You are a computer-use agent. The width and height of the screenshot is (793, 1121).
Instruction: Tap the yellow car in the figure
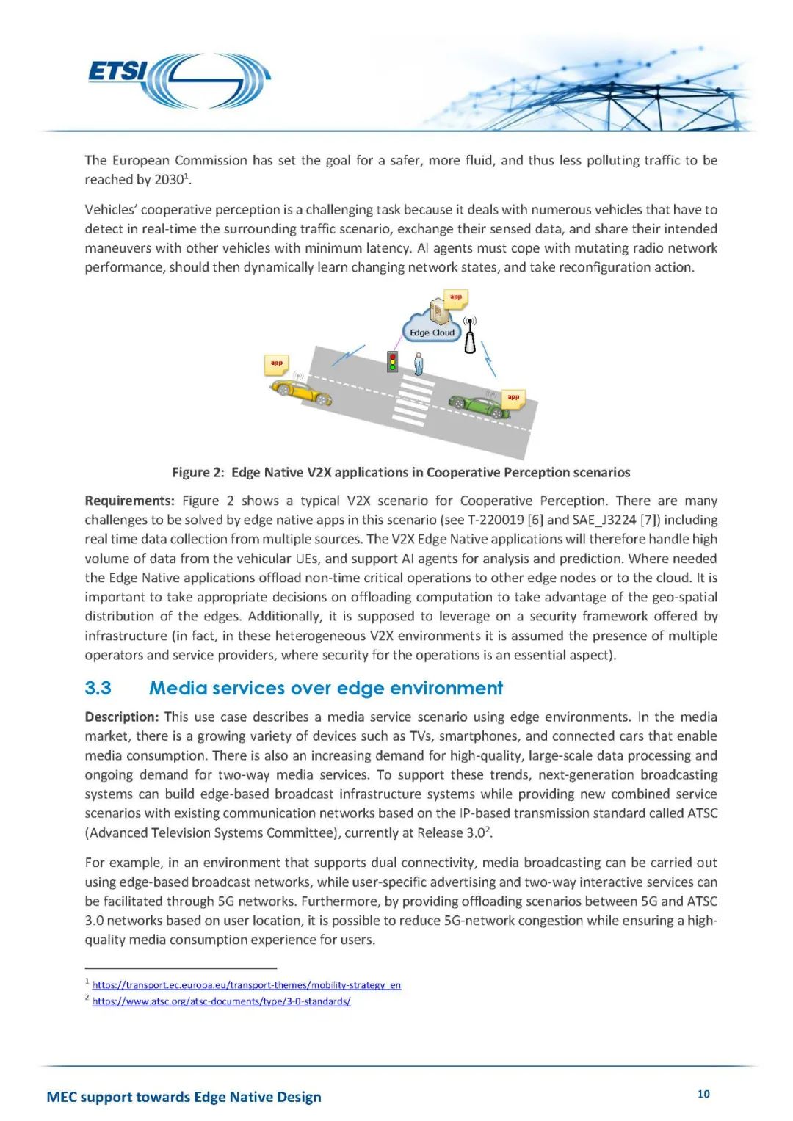(x=301, y=391)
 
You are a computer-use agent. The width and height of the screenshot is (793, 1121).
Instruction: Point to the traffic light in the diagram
(x=393, y=360)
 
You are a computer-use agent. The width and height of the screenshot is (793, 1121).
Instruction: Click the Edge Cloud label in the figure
(x=432, y=332)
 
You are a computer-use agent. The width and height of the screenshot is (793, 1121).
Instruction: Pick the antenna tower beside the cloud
(x=470, y=336)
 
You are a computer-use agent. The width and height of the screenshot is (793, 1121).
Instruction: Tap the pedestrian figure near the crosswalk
(x=419, y=363)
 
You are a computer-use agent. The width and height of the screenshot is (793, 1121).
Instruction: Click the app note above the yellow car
(x=277, y=363)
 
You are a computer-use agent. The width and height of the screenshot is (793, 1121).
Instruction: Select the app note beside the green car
(x=513, y=398)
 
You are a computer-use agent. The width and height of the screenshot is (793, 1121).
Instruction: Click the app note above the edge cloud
(x=456, y=298)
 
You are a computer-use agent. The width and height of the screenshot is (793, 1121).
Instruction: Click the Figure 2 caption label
(x=198, y=472)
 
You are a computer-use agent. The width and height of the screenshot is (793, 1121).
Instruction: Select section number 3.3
(x=98, y=688)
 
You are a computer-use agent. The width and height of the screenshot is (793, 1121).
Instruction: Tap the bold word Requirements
(x=129, y=501)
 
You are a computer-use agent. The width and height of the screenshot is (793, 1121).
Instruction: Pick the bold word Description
(x=121, y=717)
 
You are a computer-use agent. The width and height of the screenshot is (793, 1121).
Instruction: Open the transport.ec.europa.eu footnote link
(x=247, y=985)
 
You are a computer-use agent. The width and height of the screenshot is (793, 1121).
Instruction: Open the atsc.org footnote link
(x=222, y=1001)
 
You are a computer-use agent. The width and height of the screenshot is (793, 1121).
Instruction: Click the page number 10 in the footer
(x=703, y=1094)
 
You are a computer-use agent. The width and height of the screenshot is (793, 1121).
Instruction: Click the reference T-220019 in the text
(x=495, y=520)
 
